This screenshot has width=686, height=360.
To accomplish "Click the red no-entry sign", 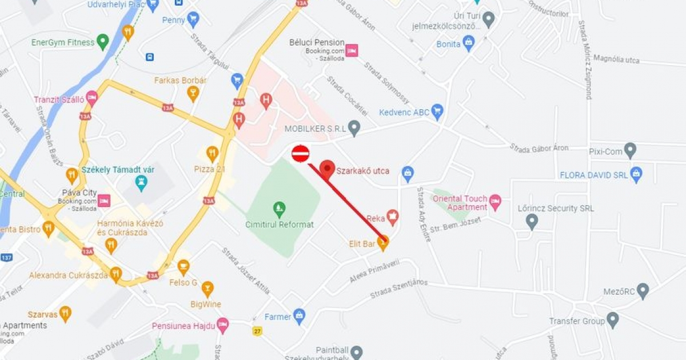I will pyautogui.click(x=300, y=153).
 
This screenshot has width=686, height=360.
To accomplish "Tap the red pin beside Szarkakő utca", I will pyautogui.click(x=327, y=169).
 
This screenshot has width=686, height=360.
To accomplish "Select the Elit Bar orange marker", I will pyautogui.click(x=383, y=242).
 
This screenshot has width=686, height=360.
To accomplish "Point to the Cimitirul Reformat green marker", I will pyautogui.click(x=279, y=208).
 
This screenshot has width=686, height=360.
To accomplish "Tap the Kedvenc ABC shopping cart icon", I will pyautogui.click(x=437, y=111).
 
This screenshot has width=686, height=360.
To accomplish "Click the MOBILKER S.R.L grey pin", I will pyautogui.click(x=354, y=127).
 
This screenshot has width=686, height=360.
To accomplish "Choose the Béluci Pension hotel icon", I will pyautogui.click(x=352, y=50).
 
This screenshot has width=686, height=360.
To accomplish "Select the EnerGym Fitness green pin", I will pyautogui.click(x=102, y=41).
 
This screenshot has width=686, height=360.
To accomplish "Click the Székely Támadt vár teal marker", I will pyautogui.click(x=140, y=183).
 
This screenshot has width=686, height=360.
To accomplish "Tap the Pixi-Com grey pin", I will pyautogui.click(x=630, y=151).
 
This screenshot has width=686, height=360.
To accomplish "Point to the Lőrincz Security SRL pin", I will pyautogui.click(x=532, y=221).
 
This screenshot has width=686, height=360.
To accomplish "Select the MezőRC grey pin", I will pyautogui.click(x=643, y=290).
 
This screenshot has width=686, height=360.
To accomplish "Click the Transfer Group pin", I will pyautogui.click(x=613, y=320).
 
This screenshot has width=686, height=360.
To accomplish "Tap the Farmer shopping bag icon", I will pyautogui.click(x=300, y=316).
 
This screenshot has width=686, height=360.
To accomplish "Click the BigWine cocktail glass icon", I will pyautogui.click(x=208, y=289).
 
